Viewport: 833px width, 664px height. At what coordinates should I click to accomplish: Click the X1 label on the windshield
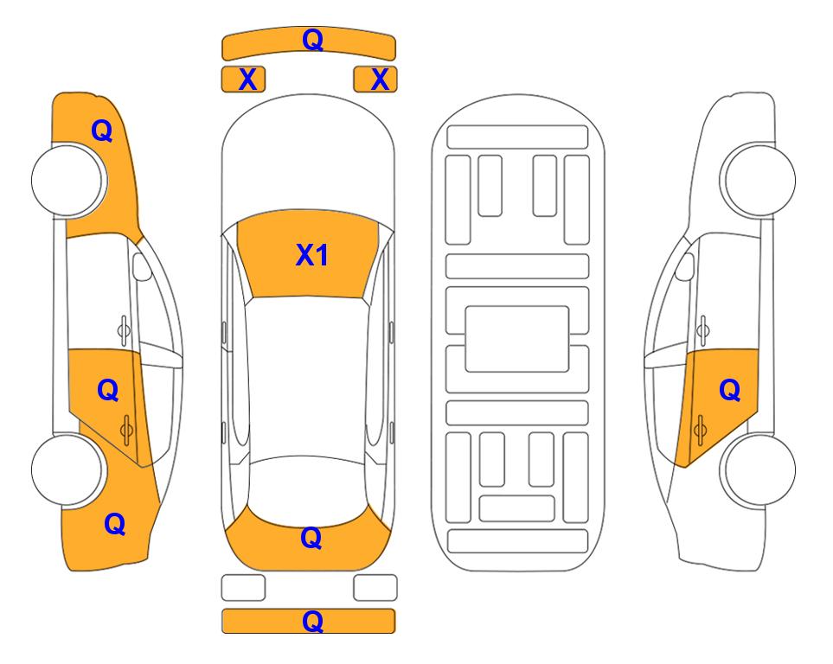pyautogui.click(x=312, y=255)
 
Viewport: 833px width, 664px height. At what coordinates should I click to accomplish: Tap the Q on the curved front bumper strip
pyautogui.click(x=312, y=40)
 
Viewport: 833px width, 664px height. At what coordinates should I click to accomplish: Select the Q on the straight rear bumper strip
pyautogui.click(x=312, y=621)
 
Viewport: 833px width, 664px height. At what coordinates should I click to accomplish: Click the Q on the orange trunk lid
pyautogui.click(x=311, y=538)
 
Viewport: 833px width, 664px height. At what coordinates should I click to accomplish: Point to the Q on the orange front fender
pyautogui.click(x=102, y=131)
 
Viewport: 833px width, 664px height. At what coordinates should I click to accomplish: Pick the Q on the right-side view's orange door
pyautogui.click(x=729, y=391)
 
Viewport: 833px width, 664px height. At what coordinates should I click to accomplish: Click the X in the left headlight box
pyautogui.click(x=247, y=80)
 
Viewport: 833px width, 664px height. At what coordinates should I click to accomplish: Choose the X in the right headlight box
pyautogui.click(x=380, y=80)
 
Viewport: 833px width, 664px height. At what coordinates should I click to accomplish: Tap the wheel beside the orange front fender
pyautogui.click(x=67, y=180)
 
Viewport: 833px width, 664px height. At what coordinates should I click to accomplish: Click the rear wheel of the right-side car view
pyautogui.click(x=758, y=469)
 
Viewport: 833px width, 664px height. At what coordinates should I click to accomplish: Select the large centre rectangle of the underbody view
pyautogui.click(x=517, y=339)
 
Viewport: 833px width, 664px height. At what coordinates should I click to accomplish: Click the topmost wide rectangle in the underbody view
pyautogui.click(x=517, y=137)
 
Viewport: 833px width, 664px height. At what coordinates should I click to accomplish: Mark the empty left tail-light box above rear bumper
pyautogui.click(x=243, y=588)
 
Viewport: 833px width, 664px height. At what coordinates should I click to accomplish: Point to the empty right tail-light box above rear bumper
pyautogui.click(x=375, y=588)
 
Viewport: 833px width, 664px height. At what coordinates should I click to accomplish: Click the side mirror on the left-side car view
pyautogui.click(x=141, y=266)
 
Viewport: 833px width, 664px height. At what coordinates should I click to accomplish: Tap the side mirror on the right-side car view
pyautogui.click(x=684, y=266)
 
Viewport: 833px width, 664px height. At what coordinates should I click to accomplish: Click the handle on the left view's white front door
pyautogui.click(x=124, y=330)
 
